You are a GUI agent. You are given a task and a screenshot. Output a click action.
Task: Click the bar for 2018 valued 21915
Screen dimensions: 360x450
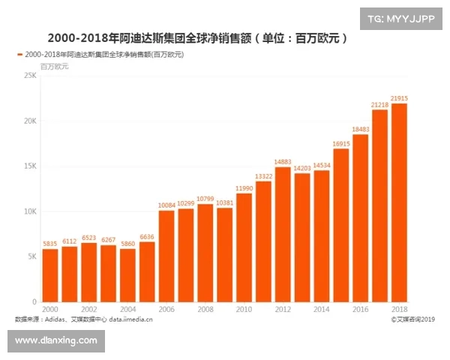coord(400,202)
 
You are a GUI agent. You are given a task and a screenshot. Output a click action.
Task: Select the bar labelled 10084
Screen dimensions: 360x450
coord(166,256)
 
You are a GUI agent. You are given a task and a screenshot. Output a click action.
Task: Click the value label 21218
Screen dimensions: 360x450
coord(380,104)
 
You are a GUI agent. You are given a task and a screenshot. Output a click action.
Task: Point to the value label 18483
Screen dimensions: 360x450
coord(361,129)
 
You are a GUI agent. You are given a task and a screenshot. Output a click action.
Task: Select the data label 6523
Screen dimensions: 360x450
coord(88,237)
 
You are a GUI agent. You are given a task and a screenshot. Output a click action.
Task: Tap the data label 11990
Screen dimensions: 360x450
coord(244,187)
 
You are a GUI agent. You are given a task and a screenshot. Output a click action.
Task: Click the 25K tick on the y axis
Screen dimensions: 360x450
coord(29,76)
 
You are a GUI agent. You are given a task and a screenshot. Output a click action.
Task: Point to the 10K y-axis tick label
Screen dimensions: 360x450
coord(29,211)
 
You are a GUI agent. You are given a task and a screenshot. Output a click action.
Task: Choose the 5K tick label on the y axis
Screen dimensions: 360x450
coord(31,256)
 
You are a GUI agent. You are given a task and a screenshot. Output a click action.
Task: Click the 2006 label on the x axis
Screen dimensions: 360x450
coord(166,309)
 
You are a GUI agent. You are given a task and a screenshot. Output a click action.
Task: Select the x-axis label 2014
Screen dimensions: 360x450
coord(322,309)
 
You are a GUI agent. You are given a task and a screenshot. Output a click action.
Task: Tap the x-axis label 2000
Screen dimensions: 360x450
coord(50,309)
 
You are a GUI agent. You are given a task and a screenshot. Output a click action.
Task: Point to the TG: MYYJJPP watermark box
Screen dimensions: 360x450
coord(400,18)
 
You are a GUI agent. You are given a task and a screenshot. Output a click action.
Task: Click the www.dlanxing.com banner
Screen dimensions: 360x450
coord(56,340)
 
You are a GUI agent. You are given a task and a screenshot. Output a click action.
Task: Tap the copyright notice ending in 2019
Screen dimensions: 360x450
coord(412,319)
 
